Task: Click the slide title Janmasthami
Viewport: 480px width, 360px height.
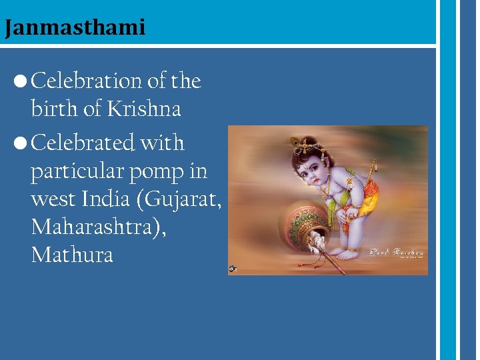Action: [x=74, y=28]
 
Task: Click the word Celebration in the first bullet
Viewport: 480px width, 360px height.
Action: [x=87, y=81]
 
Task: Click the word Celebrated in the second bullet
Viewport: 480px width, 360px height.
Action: [x=84, y=143]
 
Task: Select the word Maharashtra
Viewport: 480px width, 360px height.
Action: [x=89, y=227]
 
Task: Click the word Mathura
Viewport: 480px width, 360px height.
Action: [x=72, y=255]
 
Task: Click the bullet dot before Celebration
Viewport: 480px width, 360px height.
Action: [x=19, y=82]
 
